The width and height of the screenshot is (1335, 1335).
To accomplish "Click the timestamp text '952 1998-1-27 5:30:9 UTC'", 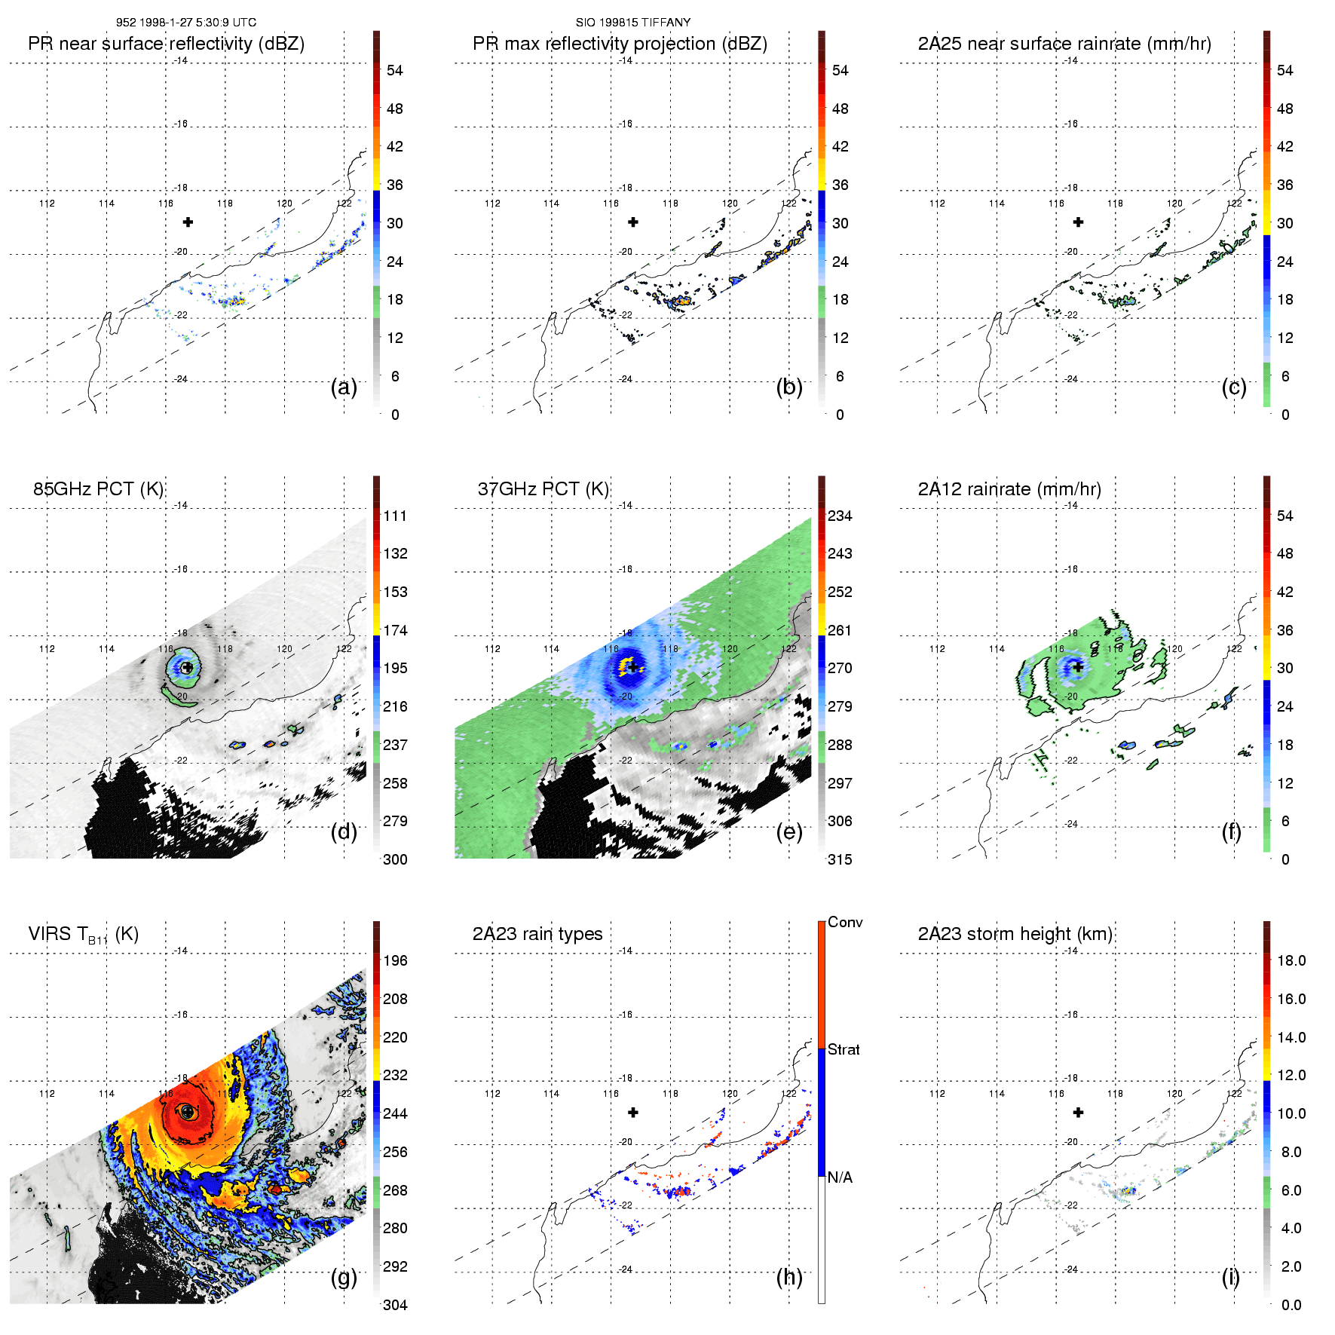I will coord(186,23).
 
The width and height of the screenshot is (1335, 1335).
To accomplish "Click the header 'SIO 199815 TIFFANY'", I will coord(633,23).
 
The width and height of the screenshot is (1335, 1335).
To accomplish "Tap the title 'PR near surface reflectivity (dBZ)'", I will coord(167,44).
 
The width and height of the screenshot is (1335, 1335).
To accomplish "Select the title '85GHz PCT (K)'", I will coord(99,489).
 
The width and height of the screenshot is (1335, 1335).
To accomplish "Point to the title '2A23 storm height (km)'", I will coord(1015,934).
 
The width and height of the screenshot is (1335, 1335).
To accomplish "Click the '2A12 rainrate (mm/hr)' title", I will coord(1009,489).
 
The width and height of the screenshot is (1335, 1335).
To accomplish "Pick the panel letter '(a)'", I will coord(344,387).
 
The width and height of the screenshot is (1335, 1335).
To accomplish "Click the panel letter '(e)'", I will coord(789,831).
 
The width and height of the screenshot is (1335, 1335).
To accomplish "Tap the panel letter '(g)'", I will coord(344,1277).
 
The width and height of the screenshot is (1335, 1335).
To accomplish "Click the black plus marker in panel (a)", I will coord(188,222).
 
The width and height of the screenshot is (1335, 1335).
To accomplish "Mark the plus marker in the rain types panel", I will coord(633,1112).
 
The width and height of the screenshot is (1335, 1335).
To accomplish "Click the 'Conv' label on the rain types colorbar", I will coord(845,923).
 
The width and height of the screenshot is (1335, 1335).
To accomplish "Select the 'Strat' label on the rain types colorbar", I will coord(844,1049).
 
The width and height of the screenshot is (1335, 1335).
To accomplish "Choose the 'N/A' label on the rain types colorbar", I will coord(840,1177).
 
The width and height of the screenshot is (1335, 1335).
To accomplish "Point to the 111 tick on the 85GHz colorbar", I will coord(395,516).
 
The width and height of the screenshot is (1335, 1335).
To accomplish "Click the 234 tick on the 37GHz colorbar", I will coord(840,516).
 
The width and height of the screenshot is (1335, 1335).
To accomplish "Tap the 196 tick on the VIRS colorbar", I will coord(395,960).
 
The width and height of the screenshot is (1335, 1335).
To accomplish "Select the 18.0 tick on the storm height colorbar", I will coord(1291,960).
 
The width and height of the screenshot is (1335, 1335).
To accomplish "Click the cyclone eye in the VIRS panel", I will coord(188,1111).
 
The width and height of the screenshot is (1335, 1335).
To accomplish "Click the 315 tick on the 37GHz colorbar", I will coord(840,859).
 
